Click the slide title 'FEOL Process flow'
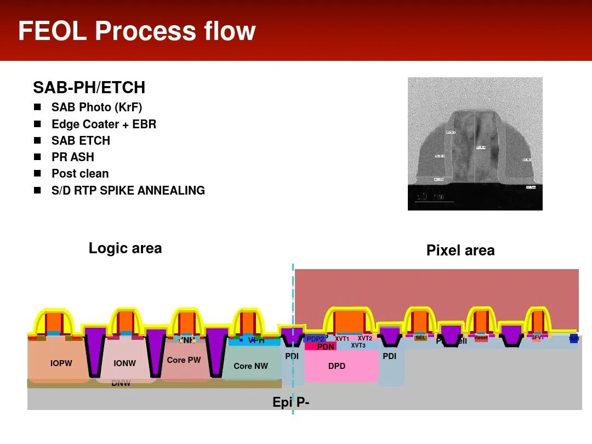137,31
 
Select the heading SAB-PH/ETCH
89,88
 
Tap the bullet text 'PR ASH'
73,157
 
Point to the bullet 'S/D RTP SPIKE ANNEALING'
128,191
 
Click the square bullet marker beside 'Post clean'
37,174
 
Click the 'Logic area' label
125,248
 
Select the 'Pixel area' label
460,251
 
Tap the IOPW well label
61,363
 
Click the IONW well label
124,363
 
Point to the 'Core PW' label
184,360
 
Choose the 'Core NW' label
251,366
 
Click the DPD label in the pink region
337,366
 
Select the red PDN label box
326,347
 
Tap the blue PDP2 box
315,339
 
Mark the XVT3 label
358,346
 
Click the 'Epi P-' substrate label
291,402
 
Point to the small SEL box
420,338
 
